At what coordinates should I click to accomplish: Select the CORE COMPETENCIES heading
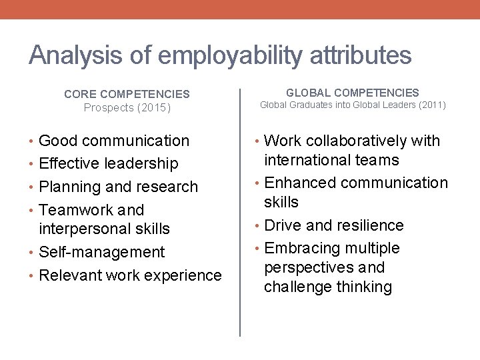[x=127, y=95]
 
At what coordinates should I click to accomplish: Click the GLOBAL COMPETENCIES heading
[x=353, y=93]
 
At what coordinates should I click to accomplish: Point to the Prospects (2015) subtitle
[x=127, y=107]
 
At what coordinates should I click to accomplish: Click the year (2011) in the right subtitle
[x=431, y=105]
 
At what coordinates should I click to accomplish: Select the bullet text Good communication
[x=114, y=141]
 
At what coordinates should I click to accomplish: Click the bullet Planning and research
[x=119, y=187]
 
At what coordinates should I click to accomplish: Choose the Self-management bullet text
[x=102, y=252]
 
